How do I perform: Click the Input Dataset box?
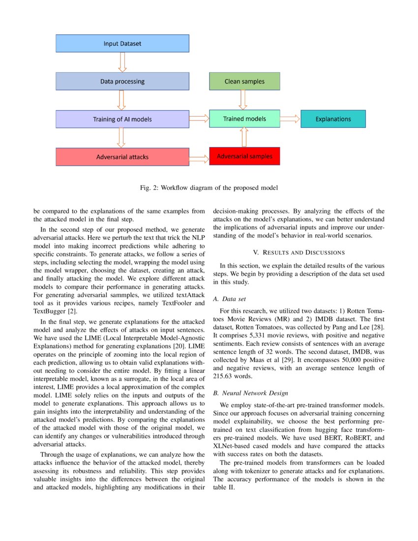tap(122, 43)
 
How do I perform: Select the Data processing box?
tap(122, 81)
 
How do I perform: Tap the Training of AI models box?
tap(122, 119)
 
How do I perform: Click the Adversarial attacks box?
tap(122, 157)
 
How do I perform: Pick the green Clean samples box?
tap(244, 81)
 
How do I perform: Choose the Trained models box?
tap(244, 119)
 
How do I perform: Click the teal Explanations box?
tap(333, 119)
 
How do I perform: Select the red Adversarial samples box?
tap(244, 156)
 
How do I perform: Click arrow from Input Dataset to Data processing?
tap(122, 62)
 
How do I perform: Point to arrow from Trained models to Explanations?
tap(290, 119)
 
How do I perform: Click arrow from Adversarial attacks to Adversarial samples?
tap(199, 158)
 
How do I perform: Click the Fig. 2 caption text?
tap(209, 188)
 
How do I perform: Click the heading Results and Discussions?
tap(299, 252)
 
